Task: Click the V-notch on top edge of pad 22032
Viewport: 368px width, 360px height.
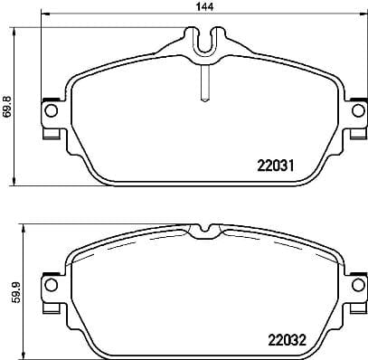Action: pos(205,229)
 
